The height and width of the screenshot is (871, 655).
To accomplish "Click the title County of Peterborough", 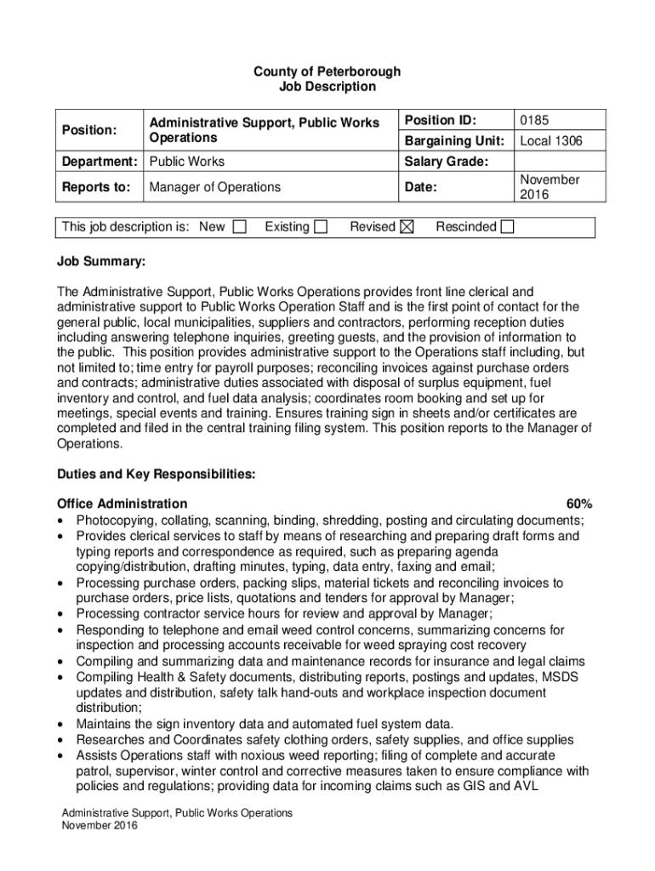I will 327,71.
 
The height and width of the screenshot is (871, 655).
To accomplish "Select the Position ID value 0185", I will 534,121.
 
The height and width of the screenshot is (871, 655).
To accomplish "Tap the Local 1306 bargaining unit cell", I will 551,141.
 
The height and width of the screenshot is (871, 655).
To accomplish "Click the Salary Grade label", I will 447,162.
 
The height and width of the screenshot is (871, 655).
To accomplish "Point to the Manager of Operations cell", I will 214,187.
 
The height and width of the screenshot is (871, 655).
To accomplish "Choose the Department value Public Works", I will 186,162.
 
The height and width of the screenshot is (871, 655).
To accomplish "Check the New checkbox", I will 240,227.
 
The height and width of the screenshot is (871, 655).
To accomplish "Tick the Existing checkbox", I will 321,227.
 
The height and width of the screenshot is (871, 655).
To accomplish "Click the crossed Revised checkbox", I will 407,227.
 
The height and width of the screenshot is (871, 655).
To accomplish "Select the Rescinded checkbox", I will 507,227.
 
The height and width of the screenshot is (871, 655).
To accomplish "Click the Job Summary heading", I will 101,259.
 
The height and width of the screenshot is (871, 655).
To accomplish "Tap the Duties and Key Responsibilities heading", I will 156,474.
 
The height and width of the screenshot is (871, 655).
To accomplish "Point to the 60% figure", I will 579,504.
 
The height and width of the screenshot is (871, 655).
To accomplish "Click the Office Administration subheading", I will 122,504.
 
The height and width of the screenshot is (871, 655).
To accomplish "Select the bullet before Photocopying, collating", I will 61,521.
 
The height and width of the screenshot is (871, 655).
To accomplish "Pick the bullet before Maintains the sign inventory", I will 61,725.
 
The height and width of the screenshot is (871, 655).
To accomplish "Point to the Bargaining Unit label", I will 454,141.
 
